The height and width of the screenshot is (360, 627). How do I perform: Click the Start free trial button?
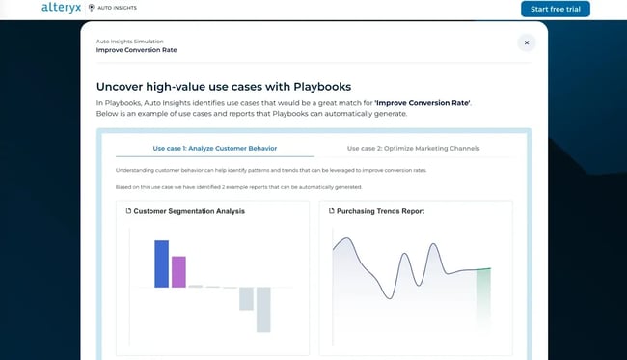pyautogui.click(x=555, y=9)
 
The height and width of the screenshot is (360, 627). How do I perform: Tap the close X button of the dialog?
pyautogui.click(x=526, y=42)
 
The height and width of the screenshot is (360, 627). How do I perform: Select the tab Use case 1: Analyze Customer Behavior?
pyautogui.click(x=214, y=148)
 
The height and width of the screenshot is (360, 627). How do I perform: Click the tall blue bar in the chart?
pyautogui.click(x=161, y=263)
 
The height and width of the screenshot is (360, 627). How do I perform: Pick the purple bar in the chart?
pyautogui.click(x=178, y=271)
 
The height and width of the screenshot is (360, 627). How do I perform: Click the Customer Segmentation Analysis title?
pyautogui.click(x=189, y=210)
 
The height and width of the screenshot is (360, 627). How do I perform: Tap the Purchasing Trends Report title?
pyautogui.click(x=380, y=210)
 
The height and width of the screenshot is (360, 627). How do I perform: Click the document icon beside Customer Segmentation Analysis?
pyautogui.click(x=128, y=210)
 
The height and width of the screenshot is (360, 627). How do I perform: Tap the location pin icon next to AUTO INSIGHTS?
pyautogui.click(x=92, y=8)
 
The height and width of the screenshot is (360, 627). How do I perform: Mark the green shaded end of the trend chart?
pyautogui.click(x=483, y=290)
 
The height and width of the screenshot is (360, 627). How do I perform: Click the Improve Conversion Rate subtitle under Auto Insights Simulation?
pyautogui.click(x=136, y=50)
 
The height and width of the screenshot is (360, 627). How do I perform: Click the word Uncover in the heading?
pyautogui.click(x=126, y=86)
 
